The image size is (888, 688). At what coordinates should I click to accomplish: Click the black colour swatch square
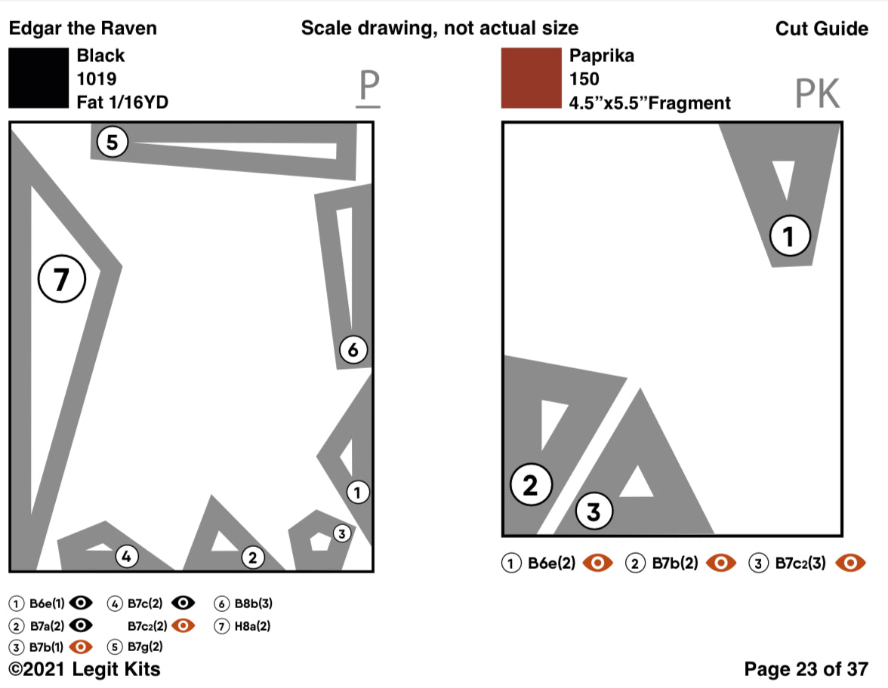click(39, 78)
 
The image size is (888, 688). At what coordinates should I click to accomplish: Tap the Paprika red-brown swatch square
click(531, 78)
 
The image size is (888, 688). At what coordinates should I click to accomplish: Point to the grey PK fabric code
click(817, 94)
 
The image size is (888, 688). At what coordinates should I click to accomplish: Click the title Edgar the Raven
click(83, 29)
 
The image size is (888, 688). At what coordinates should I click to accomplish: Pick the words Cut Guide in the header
click(822, 29)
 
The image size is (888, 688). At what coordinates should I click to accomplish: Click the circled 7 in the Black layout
click(62, 280)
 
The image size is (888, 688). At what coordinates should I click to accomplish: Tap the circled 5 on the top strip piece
click(113, 142)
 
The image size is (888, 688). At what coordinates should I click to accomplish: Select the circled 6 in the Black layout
click(353, 349)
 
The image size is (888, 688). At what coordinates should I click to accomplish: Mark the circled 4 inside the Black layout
click(127, 557)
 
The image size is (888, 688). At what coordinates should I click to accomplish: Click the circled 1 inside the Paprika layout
click(789, 237)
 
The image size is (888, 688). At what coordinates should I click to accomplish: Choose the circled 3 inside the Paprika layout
click(594, 512)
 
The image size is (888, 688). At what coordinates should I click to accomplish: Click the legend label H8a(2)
click(252, 625)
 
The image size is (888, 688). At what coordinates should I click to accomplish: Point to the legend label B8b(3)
click(253, 604)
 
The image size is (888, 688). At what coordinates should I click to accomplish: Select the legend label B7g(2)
click(145, 647)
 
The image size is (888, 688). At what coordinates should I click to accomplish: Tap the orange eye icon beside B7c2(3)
click(853, 563)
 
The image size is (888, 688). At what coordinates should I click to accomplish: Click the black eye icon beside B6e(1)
click(81, 604)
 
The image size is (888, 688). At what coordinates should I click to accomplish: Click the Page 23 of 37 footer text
click(806, 669)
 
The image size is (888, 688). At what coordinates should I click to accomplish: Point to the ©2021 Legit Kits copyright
click(84, 669)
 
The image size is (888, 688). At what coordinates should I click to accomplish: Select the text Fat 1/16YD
click(122, 103)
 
